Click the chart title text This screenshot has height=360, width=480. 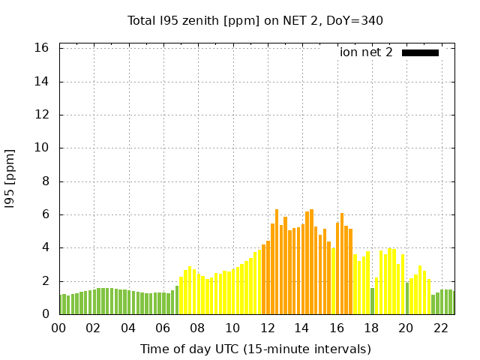tap(255, 20)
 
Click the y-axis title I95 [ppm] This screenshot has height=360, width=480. tap(10, 178)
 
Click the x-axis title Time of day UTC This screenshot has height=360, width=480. tap(255, 349)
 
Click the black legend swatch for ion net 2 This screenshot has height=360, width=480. tap(420, 52)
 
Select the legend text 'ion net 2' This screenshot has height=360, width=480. tap(366, 52)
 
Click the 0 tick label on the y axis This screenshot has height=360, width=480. tap(46, 314)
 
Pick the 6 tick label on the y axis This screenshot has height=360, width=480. tap(46, 214)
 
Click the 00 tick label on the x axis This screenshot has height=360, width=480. tap(58, 328)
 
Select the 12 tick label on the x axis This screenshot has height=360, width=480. tap(267, 328)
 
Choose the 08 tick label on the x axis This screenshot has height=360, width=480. tap(197, 328)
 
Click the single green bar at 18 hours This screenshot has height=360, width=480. tap(372, 301)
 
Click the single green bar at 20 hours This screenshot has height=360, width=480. tap(407, 298)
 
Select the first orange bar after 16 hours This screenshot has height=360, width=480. tap(337, 268)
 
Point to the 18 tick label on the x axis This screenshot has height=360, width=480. tap(371, 328)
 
